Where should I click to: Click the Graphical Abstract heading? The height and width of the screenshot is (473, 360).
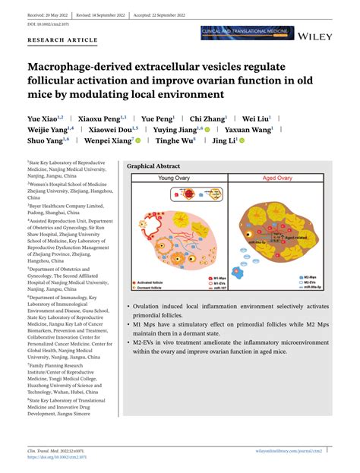click(153, 166)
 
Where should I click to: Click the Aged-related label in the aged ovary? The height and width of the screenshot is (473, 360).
click(295, 238)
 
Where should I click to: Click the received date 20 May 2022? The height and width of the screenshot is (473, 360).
click(43, 14)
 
